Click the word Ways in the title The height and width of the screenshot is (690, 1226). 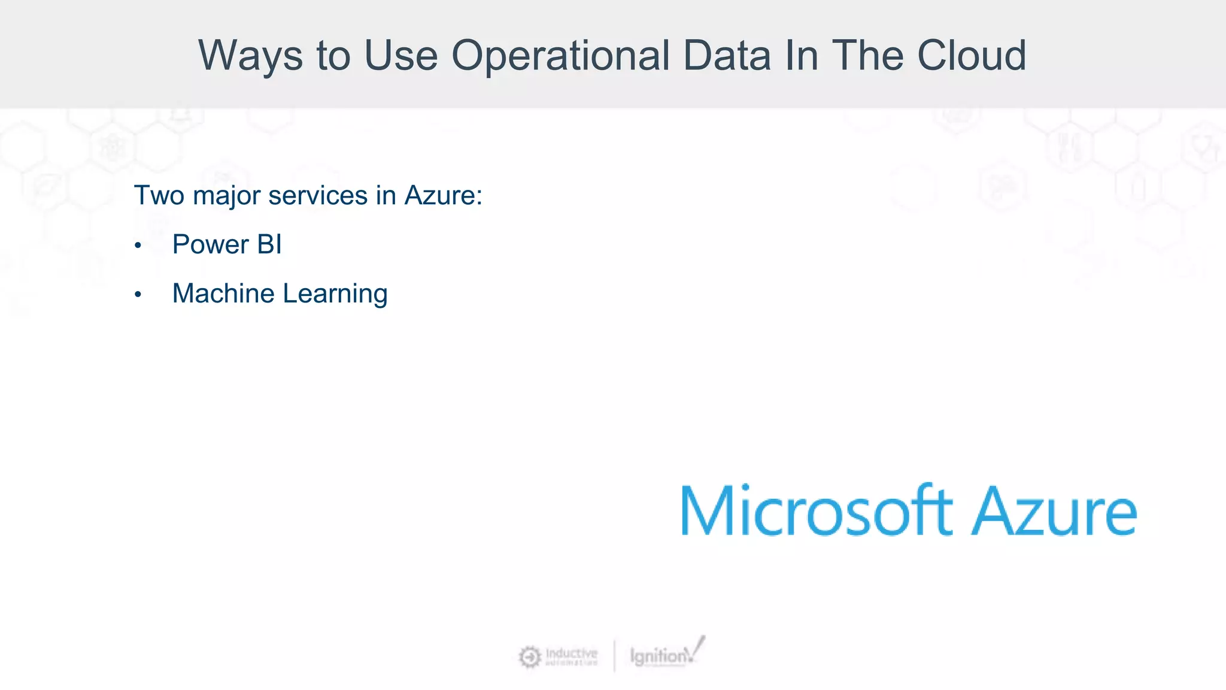click(250, 56)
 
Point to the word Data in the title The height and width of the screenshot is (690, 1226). click(727, 56)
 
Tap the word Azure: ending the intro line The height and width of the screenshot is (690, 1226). click(443, 195)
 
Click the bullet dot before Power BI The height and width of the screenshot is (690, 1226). click(138, 246)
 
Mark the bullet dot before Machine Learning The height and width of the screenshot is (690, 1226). click(138, 295)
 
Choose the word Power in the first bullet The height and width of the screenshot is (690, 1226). click(210, 244)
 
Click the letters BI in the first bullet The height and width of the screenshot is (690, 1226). click(269, 244)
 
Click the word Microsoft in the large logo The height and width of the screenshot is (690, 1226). click(815, 510)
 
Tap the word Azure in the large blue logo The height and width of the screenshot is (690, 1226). click(1054, 510)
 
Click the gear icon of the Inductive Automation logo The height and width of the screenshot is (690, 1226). click(530, 656)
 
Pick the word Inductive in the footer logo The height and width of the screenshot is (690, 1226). click(571, 652)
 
